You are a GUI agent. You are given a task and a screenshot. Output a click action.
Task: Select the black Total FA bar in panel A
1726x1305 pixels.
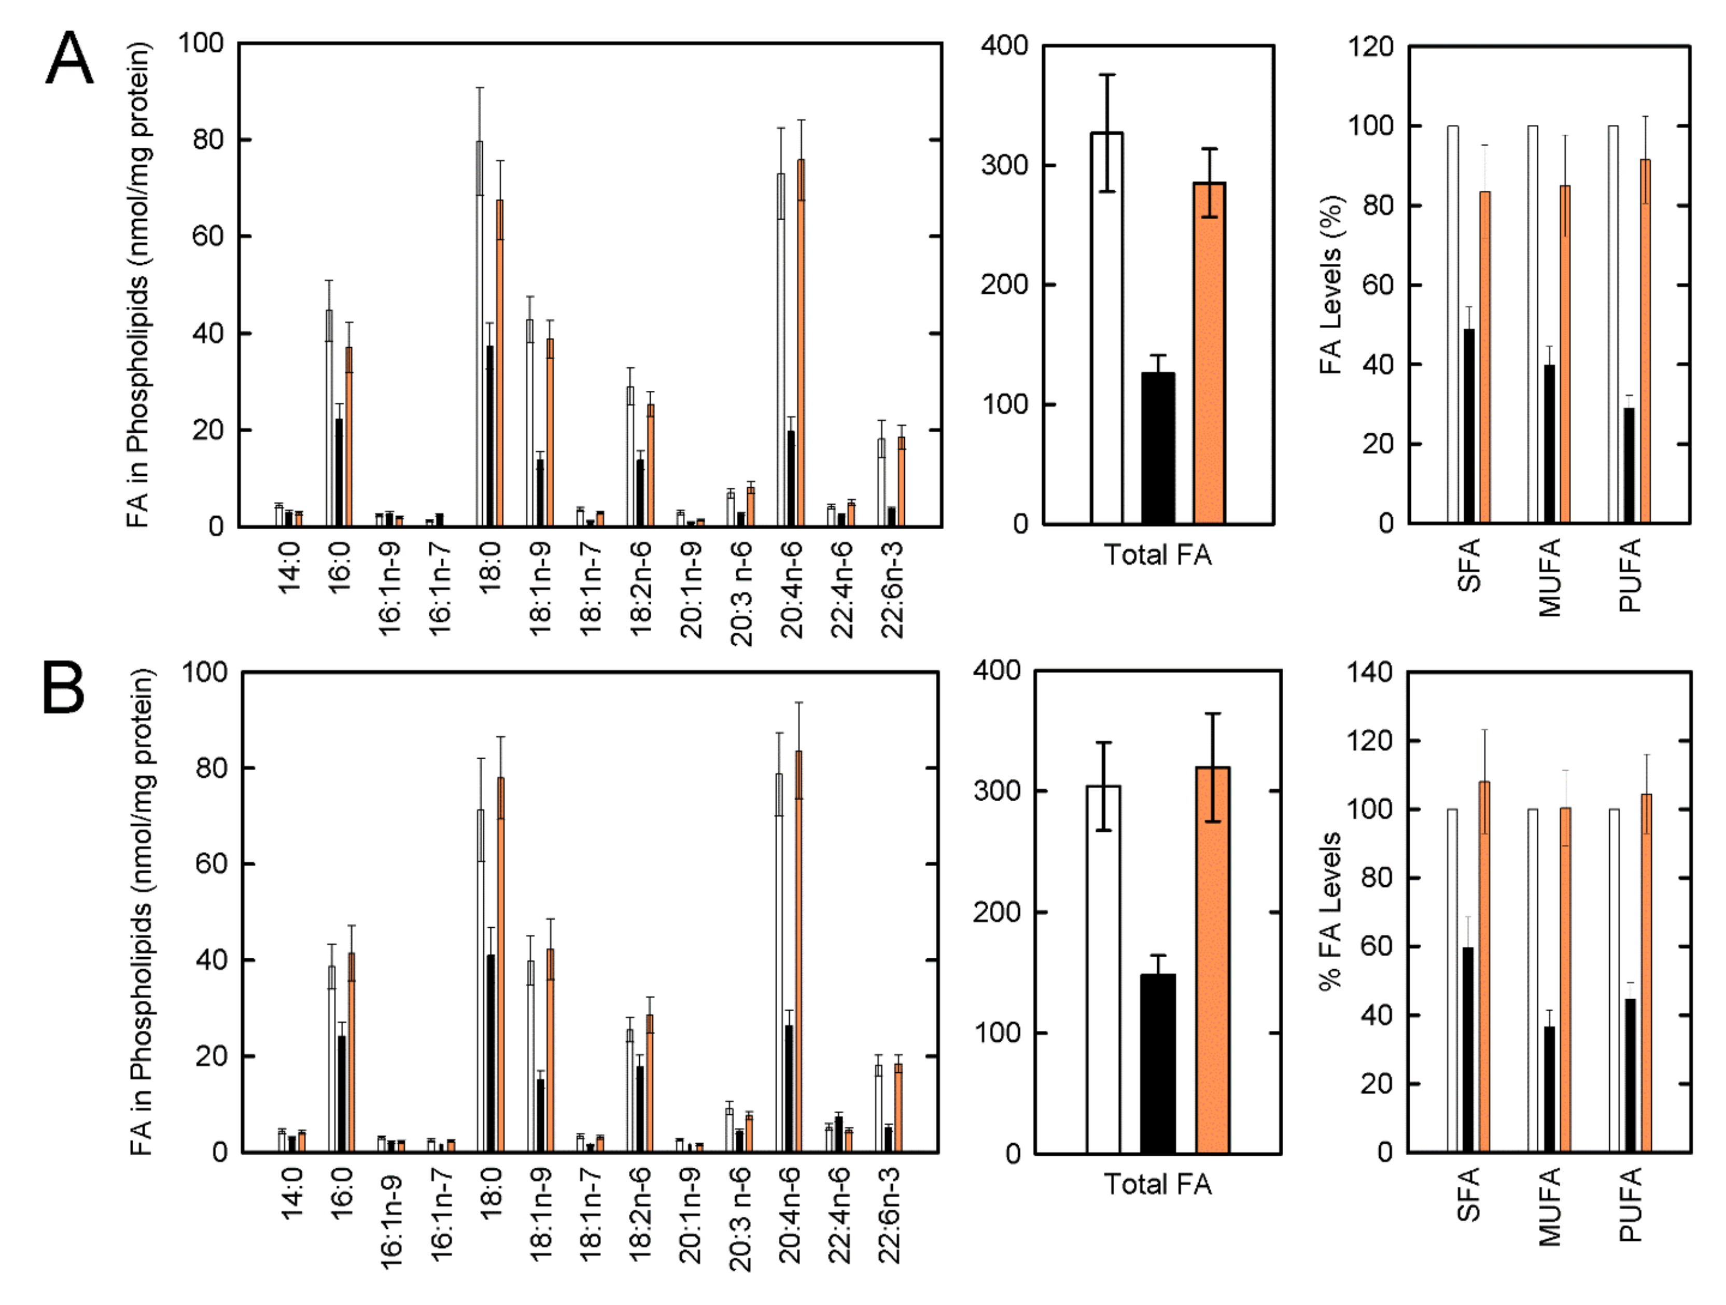pos(1157,448)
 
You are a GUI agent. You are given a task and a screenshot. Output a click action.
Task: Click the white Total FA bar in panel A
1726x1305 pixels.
pos(1106,328)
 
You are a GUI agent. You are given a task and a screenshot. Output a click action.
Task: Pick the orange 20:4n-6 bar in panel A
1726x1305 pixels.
pos(801,343)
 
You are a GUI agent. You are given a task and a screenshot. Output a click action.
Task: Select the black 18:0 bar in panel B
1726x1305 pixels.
pos(491,1053)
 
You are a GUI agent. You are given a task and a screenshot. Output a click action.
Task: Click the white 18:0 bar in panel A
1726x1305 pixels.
pos(479,335)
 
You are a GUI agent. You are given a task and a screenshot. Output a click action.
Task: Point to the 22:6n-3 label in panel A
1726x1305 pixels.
pos(892,590)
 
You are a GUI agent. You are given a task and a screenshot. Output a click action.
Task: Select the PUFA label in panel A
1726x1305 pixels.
pos(1630,575)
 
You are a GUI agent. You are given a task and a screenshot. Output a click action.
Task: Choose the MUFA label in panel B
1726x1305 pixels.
pos(1550,1207)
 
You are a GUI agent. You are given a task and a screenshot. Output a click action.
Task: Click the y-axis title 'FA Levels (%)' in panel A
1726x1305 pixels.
pos(1330,285)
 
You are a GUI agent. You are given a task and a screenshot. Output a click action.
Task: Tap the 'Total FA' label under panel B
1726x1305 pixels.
pos(1157,1184)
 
